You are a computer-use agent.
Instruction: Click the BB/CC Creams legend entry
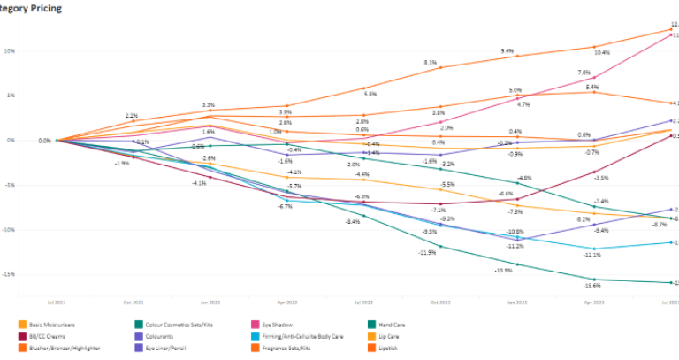coord(47,336)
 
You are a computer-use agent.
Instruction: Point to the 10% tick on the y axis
coord(9,50)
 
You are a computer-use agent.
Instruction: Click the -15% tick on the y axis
coord(8,274)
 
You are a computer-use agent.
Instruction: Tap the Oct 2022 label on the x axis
coord(440,303)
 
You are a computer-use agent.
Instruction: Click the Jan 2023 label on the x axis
coord(517,303)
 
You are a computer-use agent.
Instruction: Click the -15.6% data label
coord(591,286)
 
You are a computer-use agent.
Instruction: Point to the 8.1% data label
coord(431,63)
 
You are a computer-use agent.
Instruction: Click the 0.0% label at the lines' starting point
coord(44,141)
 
